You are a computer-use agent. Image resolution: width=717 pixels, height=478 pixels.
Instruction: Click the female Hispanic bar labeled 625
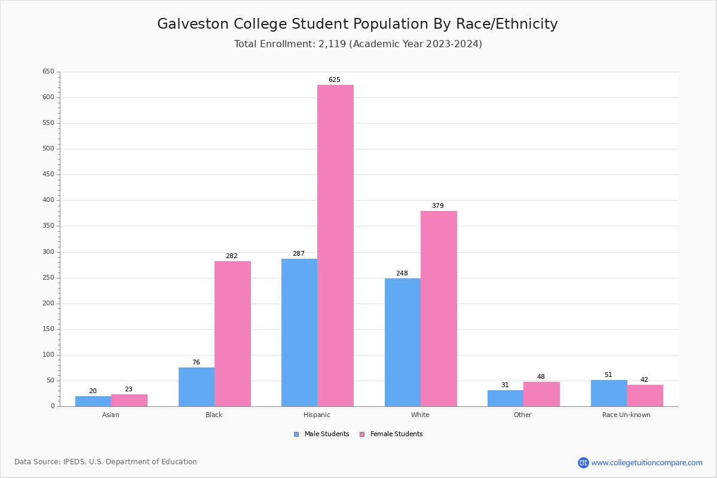335,245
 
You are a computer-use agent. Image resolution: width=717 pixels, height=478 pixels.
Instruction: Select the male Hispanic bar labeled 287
299,332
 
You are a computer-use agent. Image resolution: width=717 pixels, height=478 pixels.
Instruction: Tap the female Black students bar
232,333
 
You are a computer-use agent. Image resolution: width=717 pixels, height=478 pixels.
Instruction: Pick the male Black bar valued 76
197,387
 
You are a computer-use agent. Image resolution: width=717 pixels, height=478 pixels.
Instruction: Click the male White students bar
403,342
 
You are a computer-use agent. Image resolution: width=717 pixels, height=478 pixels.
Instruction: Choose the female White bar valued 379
439,308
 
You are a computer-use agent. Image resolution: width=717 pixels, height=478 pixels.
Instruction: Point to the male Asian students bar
93,401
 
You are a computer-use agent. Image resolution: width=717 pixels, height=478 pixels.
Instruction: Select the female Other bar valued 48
541,394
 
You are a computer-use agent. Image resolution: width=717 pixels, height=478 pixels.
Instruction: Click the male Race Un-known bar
609,393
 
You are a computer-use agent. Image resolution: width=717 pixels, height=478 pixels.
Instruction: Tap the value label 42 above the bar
644,379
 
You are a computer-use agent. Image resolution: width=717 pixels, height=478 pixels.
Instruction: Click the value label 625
335,79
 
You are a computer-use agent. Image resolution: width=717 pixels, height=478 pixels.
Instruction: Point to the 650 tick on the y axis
48,72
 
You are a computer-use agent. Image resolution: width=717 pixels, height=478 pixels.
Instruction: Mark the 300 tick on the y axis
48,252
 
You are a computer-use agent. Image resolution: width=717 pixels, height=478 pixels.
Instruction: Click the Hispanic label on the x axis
317,415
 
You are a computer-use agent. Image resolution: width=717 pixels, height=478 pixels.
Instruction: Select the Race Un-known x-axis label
626,415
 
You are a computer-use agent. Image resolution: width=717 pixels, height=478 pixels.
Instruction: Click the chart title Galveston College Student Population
357,24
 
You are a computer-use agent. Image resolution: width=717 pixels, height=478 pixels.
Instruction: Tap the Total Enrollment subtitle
358,44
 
